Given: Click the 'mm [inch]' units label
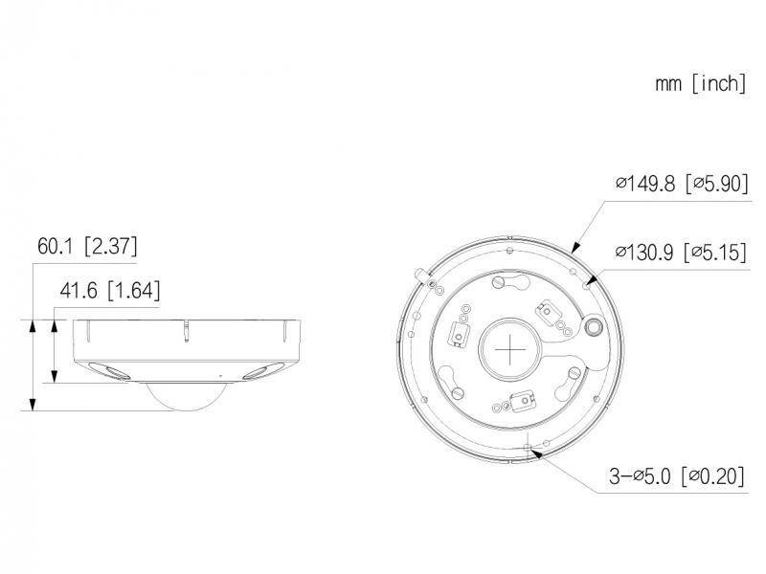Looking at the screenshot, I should [x=700, y=83].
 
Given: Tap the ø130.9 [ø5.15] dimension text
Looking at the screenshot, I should [x=681, y=253].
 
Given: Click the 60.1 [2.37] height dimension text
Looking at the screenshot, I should [x=87, y=247].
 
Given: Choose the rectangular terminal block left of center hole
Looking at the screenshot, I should [x=459, y=332].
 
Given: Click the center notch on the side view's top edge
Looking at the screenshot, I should [x=188, y=330].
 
